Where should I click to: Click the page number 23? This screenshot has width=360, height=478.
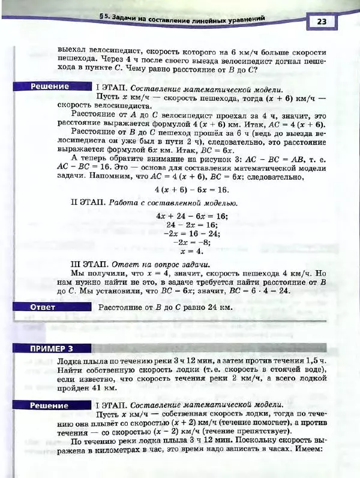point(322,22)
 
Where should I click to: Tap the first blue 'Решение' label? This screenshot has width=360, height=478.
point(50,86)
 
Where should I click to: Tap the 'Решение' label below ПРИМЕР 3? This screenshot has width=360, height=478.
point(50,406)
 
